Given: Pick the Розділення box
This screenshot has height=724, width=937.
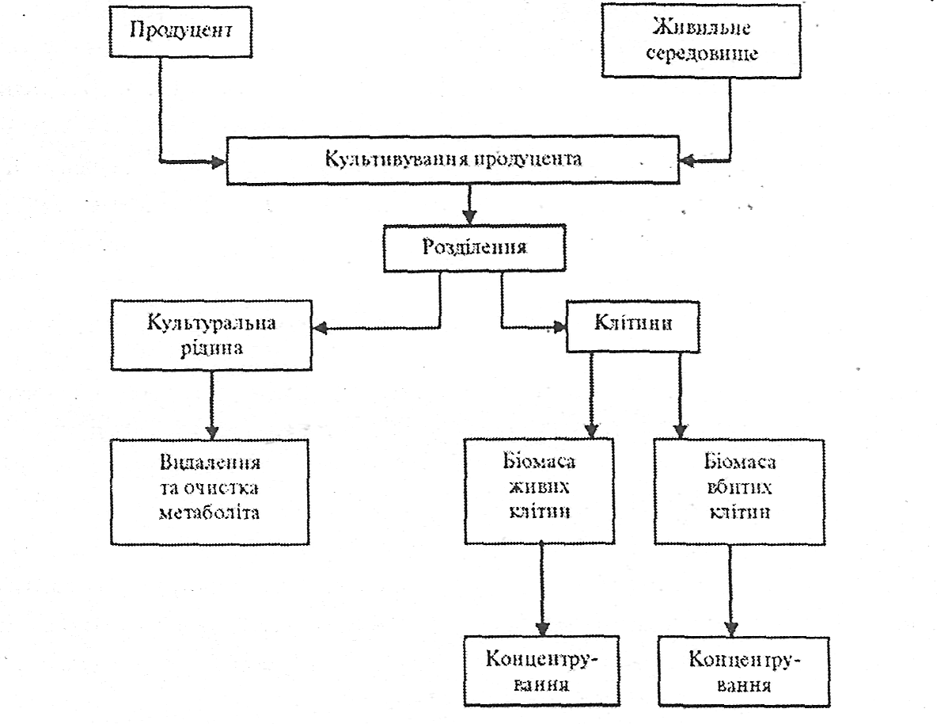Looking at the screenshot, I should [x=473, y=246].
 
